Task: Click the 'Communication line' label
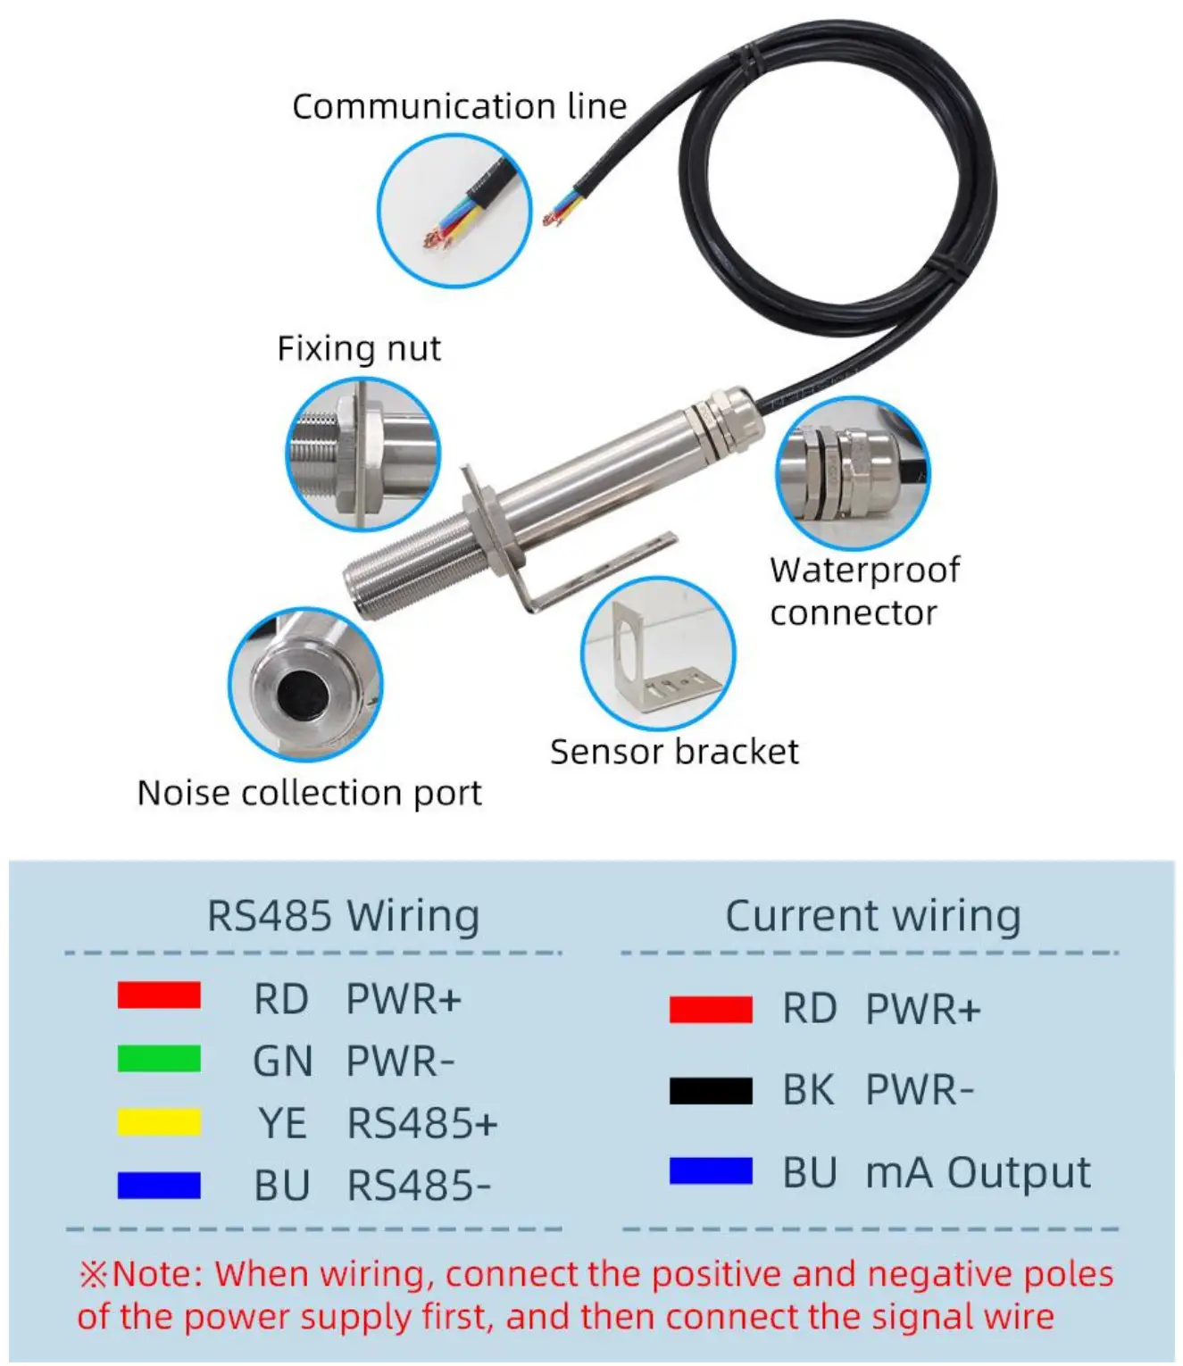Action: [x=459, y=106]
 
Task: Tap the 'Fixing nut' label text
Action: [x=358, y=348]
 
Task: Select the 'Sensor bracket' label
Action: [x=674, y=752]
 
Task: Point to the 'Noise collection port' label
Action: [x=309, y=793]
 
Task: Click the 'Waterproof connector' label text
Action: [x=863, y=591]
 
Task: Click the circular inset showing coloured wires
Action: [x=454, y=212]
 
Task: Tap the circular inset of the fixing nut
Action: [x=362, y=454]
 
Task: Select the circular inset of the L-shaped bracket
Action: [x=658, y=654]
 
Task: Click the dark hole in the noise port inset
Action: [x=303, y=693]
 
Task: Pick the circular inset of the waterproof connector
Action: [x=852, y=472]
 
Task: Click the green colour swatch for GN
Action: [x=159, y=1059]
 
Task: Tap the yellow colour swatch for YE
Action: [x=159, y=1122]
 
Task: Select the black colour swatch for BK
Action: [x=711, y=1090]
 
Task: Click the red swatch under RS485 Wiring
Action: [x=159, y=995]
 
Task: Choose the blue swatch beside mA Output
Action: [x=711, y=1170]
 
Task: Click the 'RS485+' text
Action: [x=421, y=1123]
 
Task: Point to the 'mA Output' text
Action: [x=978, y=1172]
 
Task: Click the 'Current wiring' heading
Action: [x=872, y=916]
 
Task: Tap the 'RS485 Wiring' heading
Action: [x=343, y=916]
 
